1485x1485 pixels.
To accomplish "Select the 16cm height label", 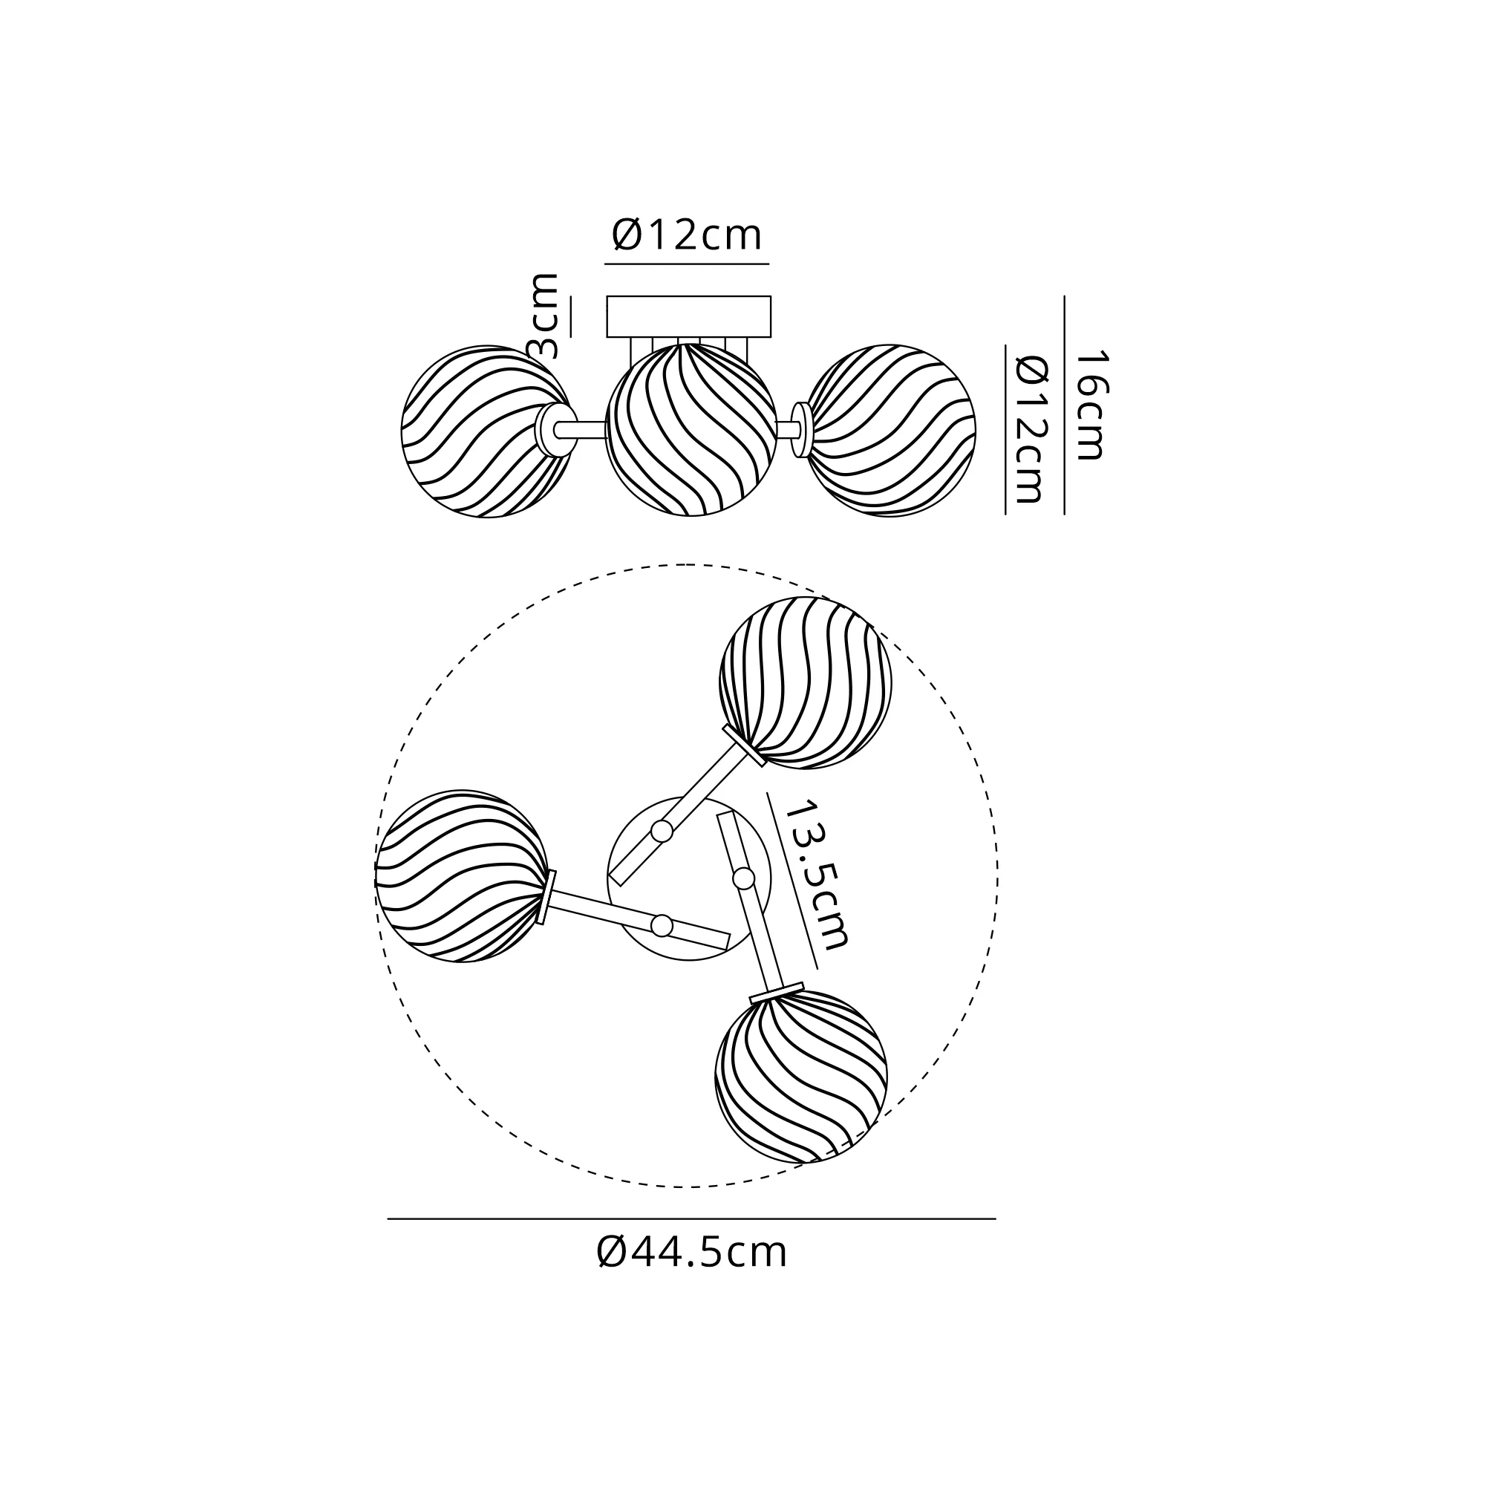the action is (1090, 405).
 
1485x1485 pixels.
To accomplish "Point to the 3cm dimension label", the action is (544, 316).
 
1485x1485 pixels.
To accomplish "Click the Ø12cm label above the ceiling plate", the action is (686, 235).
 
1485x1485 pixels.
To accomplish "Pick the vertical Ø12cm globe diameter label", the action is (1031, 428).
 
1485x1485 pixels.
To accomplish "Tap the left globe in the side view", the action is (487, 431).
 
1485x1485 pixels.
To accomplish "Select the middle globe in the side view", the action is (691, 430).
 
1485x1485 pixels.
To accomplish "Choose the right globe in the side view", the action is (890, 431).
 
